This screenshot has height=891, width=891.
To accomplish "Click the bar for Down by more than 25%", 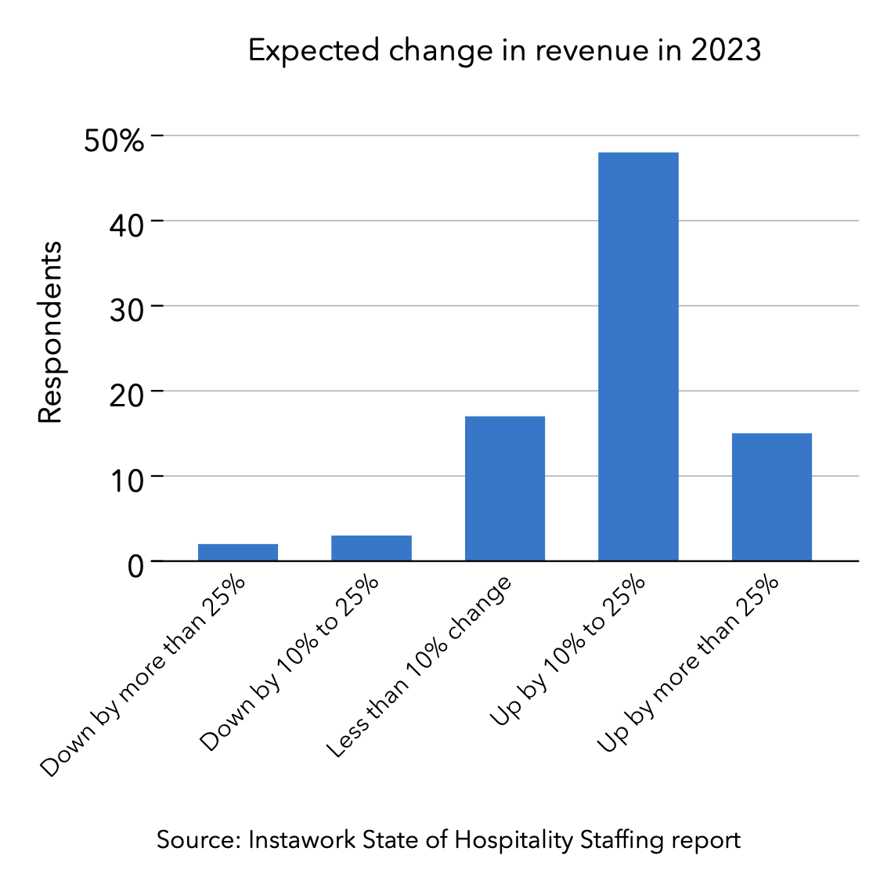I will point(238,552).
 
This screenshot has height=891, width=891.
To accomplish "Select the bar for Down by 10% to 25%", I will point(371,548).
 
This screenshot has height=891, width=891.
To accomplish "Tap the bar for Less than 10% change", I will point(505,488).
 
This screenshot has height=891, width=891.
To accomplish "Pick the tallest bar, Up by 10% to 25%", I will point(638,356).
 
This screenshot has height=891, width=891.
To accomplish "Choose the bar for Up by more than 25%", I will point(771,496).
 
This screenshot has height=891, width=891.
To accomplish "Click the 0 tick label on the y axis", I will point(135,565).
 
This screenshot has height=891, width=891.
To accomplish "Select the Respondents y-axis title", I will point(51,333).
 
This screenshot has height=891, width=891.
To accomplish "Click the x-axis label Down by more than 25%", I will point(142,677).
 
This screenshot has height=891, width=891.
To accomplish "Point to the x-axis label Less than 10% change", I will point(419,667).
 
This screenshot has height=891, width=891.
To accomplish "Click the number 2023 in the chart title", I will point(726,50).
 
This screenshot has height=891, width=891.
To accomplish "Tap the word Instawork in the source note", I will point(301,840).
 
